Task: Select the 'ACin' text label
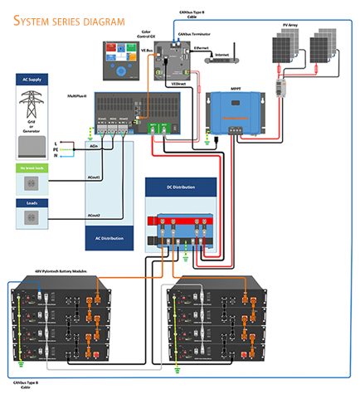pyautogui.click(x=94, y=147)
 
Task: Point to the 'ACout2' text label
pyautogui.click(x=95, y=215)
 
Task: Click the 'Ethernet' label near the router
pyautogui.click(x=201, y=49)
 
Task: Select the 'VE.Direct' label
pyautogui.click(x=178, y=84)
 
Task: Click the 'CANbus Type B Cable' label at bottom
pyautogui.click(x=27, y=384)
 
